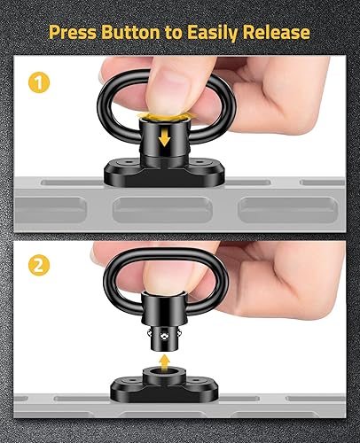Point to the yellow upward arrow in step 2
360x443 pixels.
(x=165, y=364)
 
